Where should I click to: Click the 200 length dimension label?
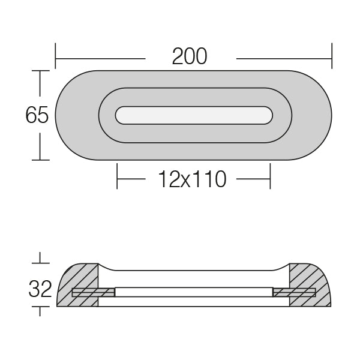[x=190, y=56]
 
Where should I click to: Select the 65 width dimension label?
[x=37, y=115]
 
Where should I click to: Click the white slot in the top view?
[x=194, y=115]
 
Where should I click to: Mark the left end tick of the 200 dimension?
[x=56, y=55]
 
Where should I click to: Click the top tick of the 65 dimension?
[x=40, y=71]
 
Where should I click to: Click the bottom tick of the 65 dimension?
[x=40, y=160]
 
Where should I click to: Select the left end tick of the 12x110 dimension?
[x=118, y=178]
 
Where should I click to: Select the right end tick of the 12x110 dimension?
[x=270, y=178]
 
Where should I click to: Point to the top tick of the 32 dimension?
[x=40, y=263]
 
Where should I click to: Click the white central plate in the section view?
[x=193, y=292]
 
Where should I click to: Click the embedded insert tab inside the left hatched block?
[x=93, y=293]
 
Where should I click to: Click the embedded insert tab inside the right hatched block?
[x=294, y=293]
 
